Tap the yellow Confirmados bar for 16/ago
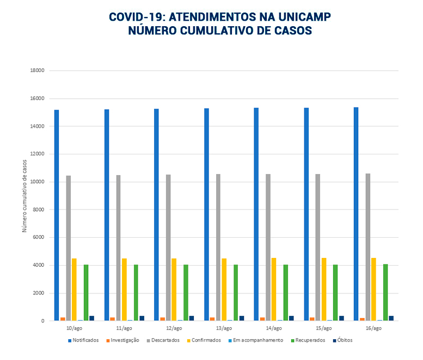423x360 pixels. tap(373, 289)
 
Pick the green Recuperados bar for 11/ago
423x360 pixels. tap(136, 292)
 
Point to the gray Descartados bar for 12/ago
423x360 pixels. tap(168, 248)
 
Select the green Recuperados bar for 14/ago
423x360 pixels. tap(286, 292)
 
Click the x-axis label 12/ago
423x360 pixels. tap(174, 328)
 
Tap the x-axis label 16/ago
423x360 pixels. tap(373, 328)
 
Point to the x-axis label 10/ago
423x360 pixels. tap(74, 328)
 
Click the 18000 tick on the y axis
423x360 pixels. tap(38, 71)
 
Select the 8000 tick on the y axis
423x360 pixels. tap(39, 210)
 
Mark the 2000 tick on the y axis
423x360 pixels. tap(39, 293)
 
